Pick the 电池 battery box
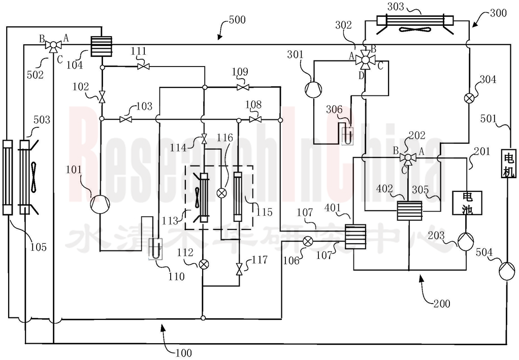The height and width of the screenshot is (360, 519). (x=467, y=203)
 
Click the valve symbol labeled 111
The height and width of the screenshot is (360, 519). (x=143, y=67)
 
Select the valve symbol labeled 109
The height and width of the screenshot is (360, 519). (x=243, y=87)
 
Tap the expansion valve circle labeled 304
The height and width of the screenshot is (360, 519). (x=469, y=99)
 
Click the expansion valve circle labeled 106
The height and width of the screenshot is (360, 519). (x=308, y=241)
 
